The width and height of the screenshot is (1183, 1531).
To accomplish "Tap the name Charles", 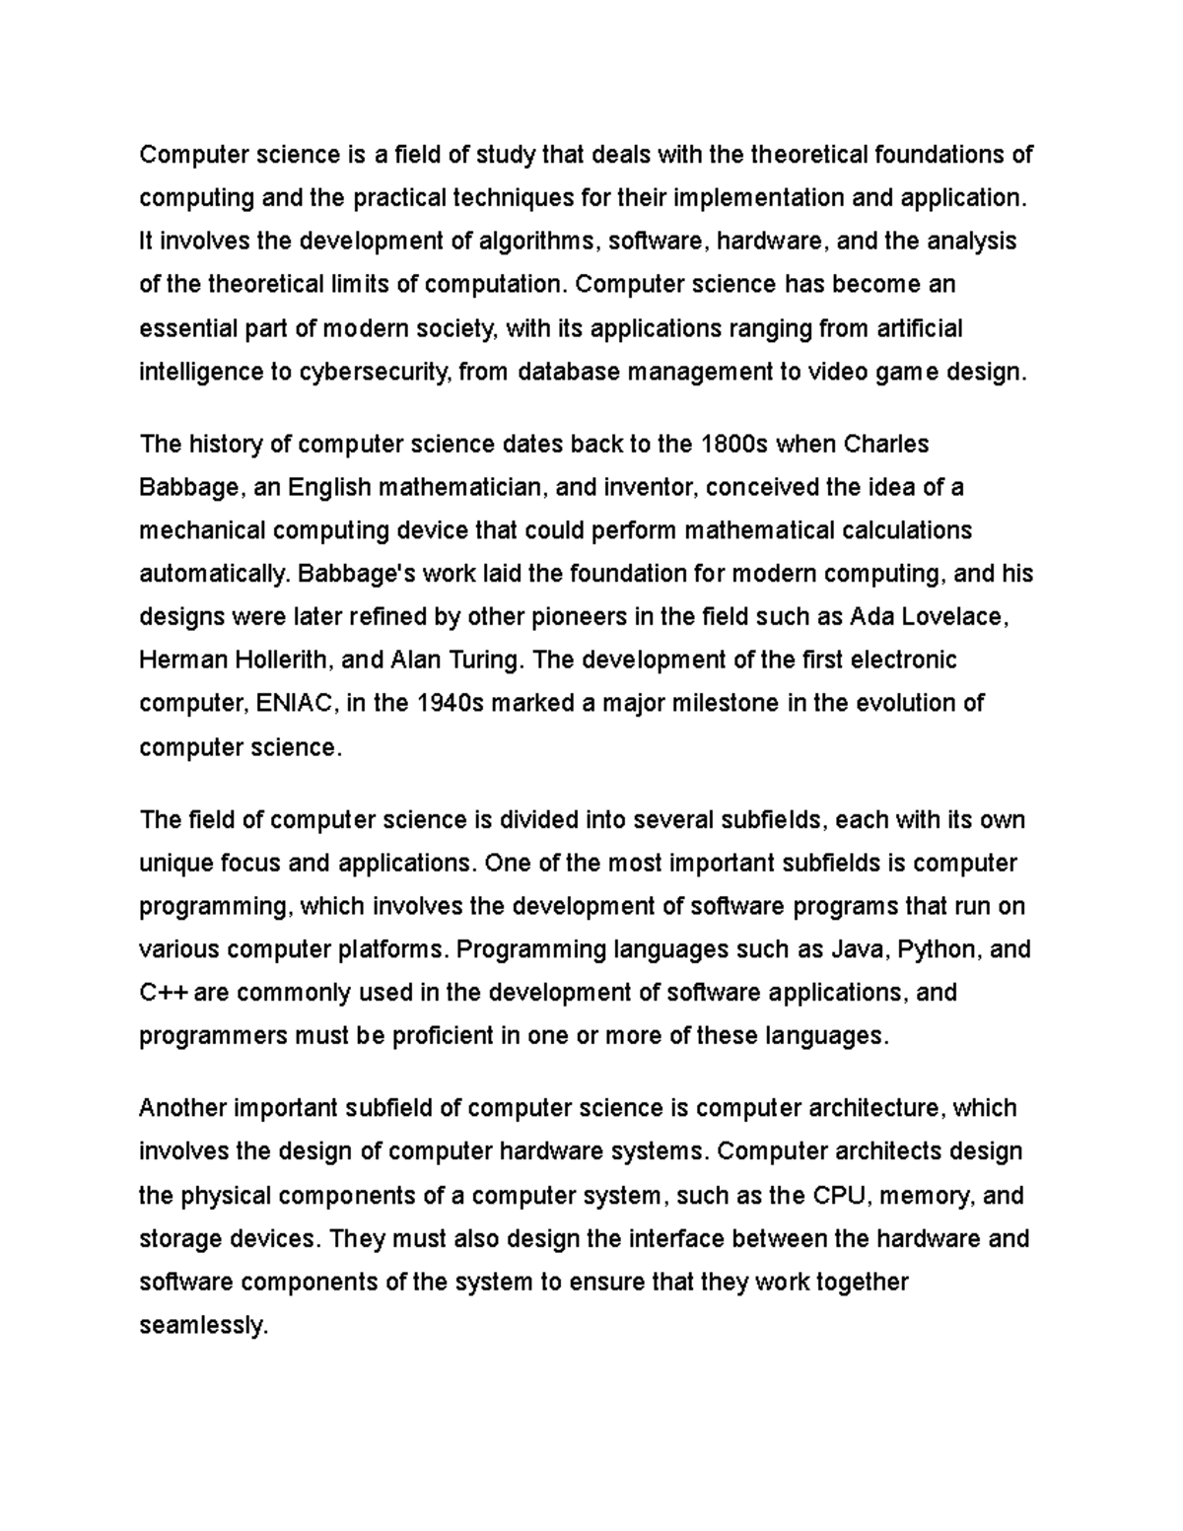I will coord(886,445).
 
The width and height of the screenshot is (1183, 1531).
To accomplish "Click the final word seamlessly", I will coord(203,1325).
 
